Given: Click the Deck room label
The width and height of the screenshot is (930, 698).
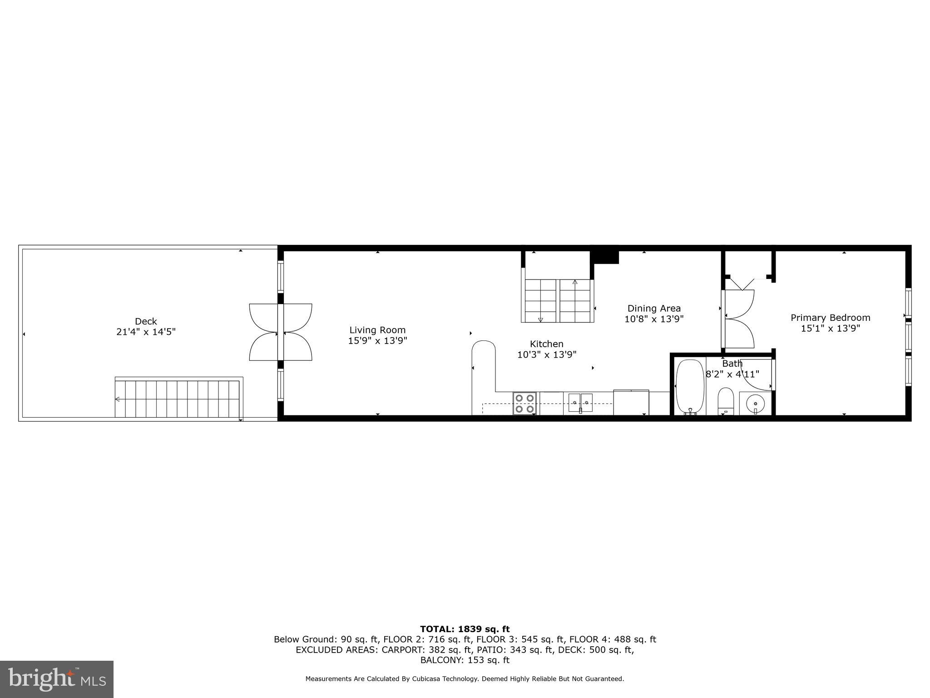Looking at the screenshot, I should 146,321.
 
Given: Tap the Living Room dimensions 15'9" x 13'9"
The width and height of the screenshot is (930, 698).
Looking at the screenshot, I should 377,341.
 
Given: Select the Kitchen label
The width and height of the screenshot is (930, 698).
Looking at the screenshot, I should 546,344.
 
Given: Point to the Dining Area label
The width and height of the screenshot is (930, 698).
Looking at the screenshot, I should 654,309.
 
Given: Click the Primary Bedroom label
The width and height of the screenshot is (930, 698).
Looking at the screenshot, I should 830,318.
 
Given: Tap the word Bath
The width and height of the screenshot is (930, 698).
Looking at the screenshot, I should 732,364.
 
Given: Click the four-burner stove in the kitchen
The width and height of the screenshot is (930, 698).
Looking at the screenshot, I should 524,404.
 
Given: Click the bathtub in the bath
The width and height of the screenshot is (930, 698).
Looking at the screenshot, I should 690,387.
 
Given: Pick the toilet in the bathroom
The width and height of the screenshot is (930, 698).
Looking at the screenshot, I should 726,401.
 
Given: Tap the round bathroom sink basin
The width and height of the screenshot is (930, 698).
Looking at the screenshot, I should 755,403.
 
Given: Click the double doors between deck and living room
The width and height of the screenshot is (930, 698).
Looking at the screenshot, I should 281,332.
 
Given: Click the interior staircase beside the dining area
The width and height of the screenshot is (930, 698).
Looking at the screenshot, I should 558,300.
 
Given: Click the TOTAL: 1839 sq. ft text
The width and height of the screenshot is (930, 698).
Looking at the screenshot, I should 465,629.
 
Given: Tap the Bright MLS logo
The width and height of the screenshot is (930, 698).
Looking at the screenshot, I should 57,679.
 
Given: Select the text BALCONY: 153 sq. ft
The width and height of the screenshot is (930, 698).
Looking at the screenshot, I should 465,660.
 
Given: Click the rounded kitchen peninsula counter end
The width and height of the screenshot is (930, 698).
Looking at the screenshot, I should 484,350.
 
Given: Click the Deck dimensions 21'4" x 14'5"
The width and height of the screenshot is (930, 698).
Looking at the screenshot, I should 146,332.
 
